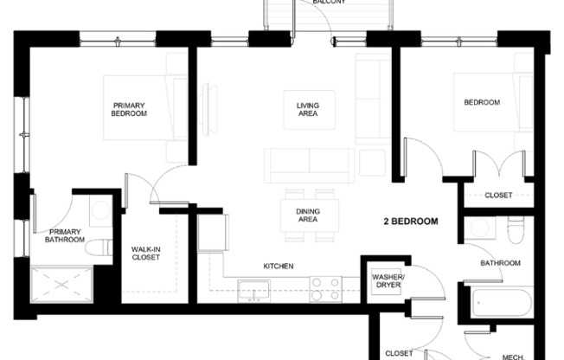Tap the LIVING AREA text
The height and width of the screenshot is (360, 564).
pos(307,110)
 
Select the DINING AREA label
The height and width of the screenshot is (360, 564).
pos(306,215)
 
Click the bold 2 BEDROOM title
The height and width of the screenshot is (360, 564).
pos(410,222)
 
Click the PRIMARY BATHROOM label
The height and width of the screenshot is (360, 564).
pos(66,236)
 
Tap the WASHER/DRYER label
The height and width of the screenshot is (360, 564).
pos(388,281)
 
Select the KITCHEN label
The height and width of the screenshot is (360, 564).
pos(278,266)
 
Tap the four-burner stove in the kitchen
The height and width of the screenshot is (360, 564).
pos(325,288)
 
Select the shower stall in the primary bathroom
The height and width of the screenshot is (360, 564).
pos(61,282)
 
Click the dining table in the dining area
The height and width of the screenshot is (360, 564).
pos(308,213)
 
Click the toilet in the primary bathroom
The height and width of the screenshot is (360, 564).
pos(98,246)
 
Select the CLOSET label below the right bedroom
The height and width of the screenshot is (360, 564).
pos(497,195)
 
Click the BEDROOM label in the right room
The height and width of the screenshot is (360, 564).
pos(482,102)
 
